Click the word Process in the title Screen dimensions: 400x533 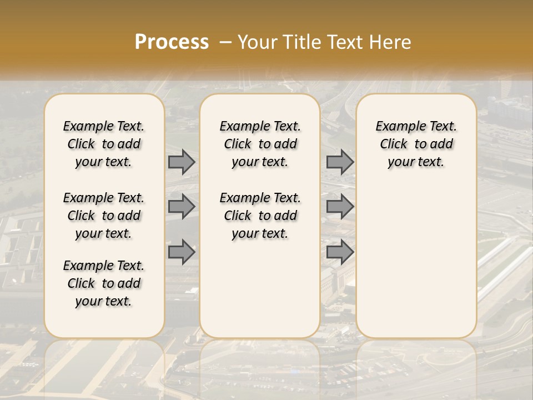tap(172, 42)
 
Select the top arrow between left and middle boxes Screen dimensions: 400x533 tap(181, 162)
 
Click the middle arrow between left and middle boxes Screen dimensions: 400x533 tap(181, 207)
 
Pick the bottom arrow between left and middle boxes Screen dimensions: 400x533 tap(181, 252)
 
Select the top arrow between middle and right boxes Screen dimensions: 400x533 tap(340, 162)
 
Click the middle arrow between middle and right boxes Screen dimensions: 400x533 tap(340, 207)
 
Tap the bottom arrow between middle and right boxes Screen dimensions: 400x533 tap(340, 252)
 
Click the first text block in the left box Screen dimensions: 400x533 tap(104, 144)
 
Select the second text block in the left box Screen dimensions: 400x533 tap(104, 216)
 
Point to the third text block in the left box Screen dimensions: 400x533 tap(104, 283)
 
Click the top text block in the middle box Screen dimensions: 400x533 tap(260, 144)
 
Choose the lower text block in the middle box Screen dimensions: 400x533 tap(260, 216)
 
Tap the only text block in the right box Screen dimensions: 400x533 tap(416, 144)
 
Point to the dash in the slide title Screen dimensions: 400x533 tap(225, 42)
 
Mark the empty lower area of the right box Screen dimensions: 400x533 tap(416, 256)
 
